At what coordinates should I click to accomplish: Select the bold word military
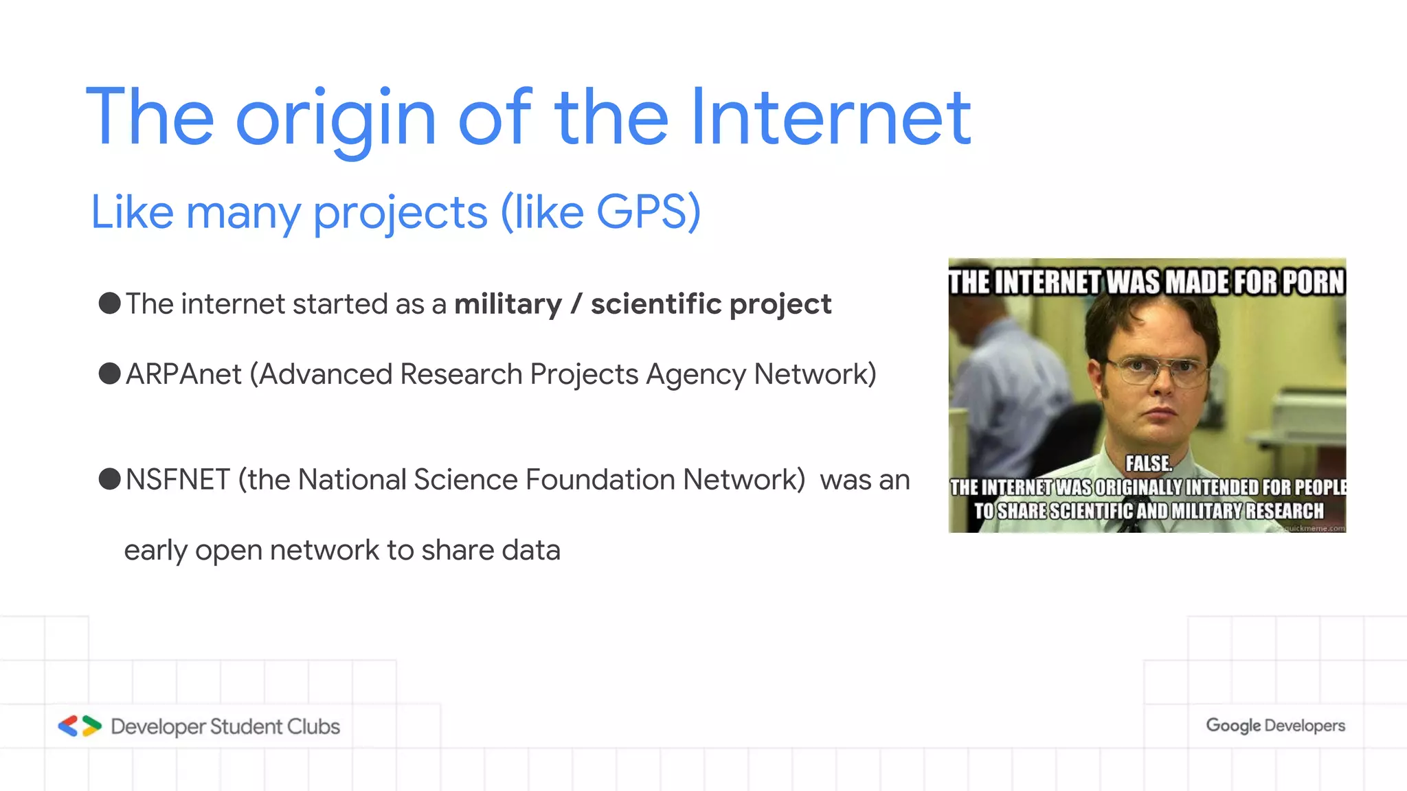pyautogui.click(x=508, y=304)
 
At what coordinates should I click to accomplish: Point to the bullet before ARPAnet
pyautogui.click(x=110, y=374)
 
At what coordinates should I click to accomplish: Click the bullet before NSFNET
pyautogui.click(x=110, y=479)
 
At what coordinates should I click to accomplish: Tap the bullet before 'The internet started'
pyautogui.click(x=110, y=303)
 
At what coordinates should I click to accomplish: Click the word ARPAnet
pyautogui.click(x=183, y=375)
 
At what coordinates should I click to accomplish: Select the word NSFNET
pyautogui.click(x=177, y=480)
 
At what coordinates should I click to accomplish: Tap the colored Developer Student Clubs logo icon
pyautogui.click(x=80, y=726)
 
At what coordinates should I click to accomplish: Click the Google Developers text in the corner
pyautogui.click(x=1275, y=726)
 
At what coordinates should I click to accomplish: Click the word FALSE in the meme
pyautogui.click(x=1148, y=464)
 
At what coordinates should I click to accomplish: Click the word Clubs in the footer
pyautogui.click(x=313, y=726)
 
